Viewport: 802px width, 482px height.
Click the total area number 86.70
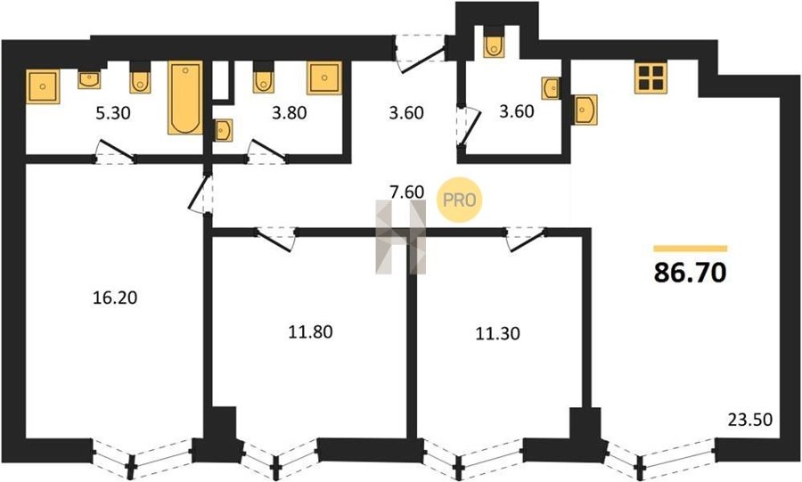[x=690, y=273]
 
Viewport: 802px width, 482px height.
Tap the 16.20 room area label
[x=115, y=298]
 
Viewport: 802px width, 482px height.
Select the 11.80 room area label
[x=310, y=332]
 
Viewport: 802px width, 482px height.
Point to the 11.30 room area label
[x=497, y=333]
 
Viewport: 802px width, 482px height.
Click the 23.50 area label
[x=749, y=421]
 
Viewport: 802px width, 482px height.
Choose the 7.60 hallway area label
[x=407, y=192]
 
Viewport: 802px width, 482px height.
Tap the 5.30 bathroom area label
[x=113, y=113]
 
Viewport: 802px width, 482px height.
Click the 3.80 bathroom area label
[x=290, y=112]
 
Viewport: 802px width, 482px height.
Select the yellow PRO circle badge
[x=459, y=200]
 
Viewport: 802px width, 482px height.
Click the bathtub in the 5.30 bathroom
[x=185, y=98]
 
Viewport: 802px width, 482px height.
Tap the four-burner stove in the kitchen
[x=651, y=78]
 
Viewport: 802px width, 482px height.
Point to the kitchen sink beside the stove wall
[x=585, y=110]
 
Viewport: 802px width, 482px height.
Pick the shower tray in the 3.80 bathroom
[x=324, y=78]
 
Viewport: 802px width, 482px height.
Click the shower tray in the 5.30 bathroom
[x=43, y=86]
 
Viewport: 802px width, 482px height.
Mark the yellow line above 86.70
[x=690, y=249]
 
